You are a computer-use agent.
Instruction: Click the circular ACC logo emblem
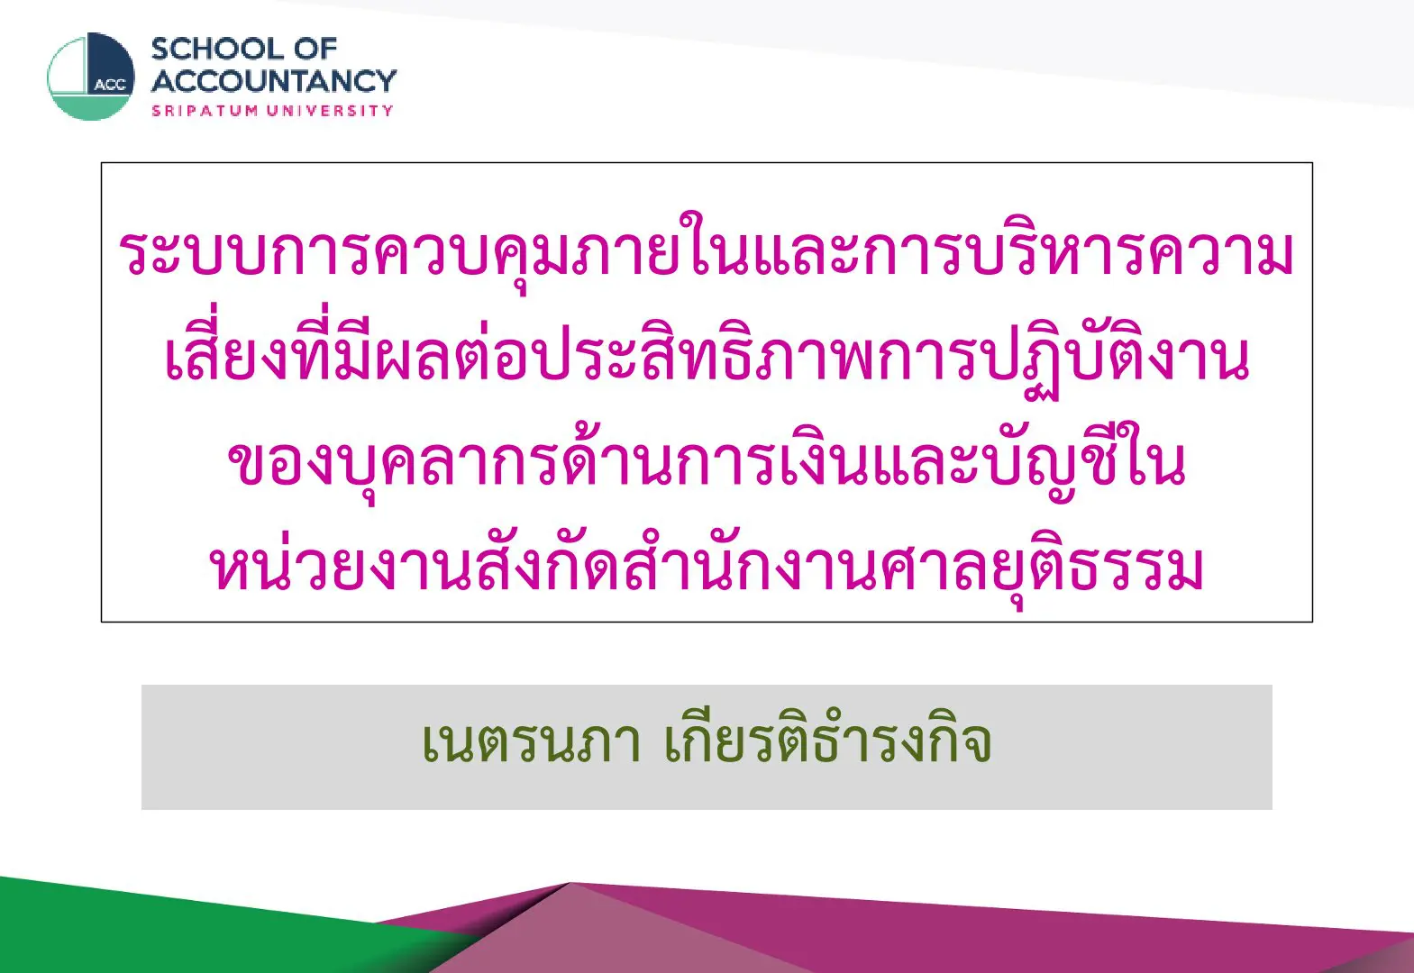pos(91,77)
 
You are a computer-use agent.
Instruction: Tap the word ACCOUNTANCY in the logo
pos(274,81)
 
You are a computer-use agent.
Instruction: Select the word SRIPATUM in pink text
pos(205,111)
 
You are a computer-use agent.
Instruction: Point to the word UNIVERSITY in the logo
pos(330,111)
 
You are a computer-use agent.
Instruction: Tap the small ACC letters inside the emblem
pos(110,85)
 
